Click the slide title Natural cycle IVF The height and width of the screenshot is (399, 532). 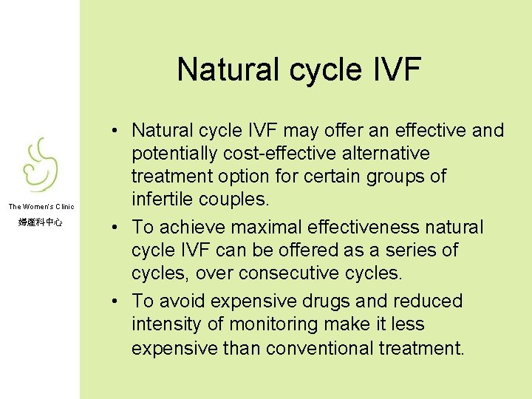299,70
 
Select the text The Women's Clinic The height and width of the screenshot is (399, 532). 41,207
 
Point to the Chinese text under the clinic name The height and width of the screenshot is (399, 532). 41,222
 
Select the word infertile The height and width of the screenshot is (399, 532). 159,199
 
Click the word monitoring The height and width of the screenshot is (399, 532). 265,324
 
